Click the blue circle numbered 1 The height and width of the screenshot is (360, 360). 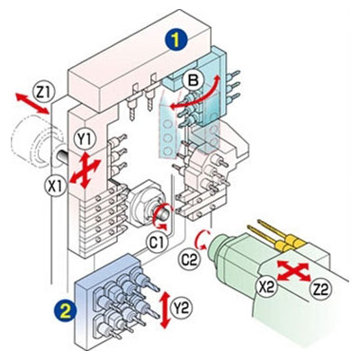(175, 40)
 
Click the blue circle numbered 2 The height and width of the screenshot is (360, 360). (65, 311)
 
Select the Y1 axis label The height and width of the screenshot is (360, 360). (85, 140)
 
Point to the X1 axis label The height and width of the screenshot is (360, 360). (55, 186)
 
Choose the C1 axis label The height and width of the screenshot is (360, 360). (157, 242)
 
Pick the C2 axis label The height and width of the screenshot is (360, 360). (190, 260)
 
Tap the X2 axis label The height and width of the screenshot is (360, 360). (267, 288)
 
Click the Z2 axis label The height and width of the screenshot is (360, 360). (321, 290)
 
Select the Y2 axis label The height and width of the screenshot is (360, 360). (181, 309)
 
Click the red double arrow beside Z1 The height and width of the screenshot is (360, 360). (32, 103)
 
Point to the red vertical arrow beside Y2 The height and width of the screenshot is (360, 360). (165, 310)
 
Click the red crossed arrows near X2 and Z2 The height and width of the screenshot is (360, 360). (293, 271)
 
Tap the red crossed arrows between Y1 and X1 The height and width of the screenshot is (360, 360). (85, 170)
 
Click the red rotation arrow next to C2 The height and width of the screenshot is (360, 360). (200, 240)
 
